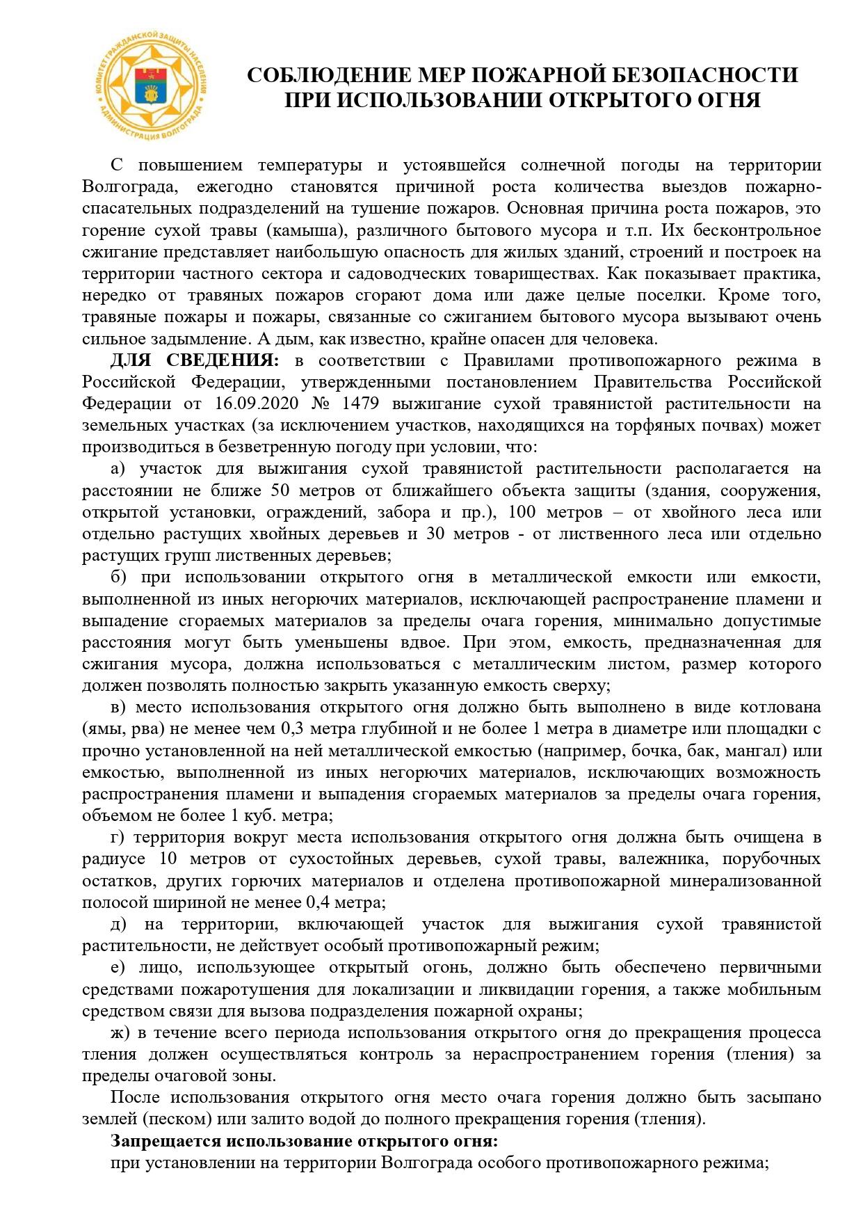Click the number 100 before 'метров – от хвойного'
(x=524, y=513)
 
